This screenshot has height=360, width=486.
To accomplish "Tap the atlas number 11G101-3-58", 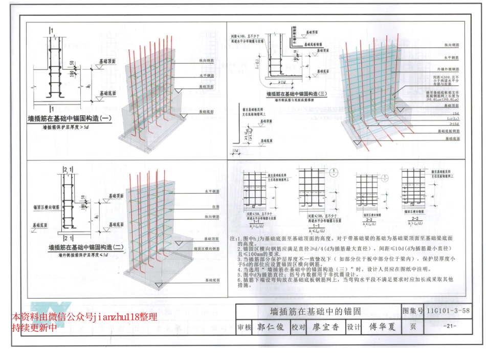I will click(x=447, y=310).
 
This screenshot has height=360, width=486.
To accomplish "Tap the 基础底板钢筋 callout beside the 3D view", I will click(x=448, y=131).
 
